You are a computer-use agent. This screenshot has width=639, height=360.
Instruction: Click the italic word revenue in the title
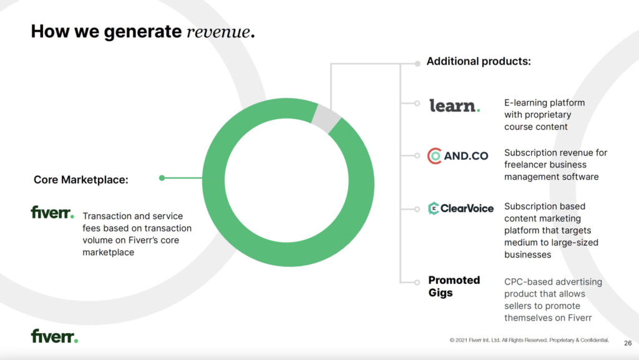coord(218,32)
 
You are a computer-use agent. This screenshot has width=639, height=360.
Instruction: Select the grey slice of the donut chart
coord(326,118)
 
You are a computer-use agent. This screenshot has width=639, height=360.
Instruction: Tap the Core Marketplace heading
coord(80,180)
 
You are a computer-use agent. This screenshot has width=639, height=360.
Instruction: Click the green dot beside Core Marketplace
coord(162,178)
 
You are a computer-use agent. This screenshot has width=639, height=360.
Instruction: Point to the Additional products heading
coord(479,62)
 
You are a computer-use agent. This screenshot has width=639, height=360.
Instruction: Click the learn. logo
coord(454,105)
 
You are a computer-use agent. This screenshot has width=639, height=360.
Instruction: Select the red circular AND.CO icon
coord(434,156)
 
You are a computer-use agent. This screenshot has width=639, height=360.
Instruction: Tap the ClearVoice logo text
coord(467,208)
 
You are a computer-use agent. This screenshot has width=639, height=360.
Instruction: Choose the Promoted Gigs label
coord(454,286)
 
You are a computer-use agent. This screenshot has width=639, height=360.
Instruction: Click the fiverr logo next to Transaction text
coord(52,212)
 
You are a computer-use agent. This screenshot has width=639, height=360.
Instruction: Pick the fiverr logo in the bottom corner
coord(54,336)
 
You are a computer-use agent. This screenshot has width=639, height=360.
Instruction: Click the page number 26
coord(628,343)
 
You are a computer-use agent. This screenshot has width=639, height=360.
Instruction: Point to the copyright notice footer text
coord(529,340)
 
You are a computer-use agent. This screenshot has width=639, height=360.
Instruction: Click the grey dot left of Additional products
coord(417,64)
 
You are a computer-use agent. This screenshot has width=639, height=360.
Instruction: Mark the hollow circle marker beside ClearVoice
coord(417,209)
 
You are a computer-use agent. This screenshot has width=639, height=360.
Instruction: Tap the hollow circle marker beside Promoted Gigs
coord(417,282)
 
